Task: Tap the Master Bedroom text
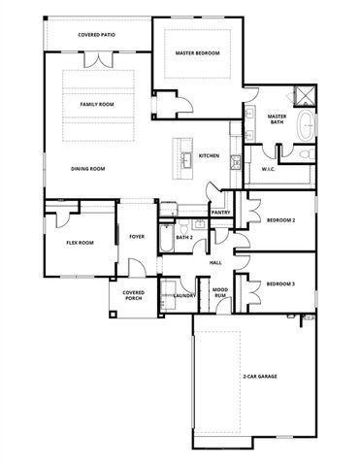197,54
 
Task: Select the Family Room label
97,103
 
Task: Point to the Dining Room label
87,168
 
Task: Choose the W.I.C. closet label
270,170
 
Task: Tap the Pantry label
220,212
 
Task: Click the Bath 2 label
184,237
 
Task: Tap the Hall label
215,263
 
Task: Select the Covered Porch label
133,296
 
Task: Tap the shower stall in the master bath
305,95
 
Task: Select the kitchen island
180,160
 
